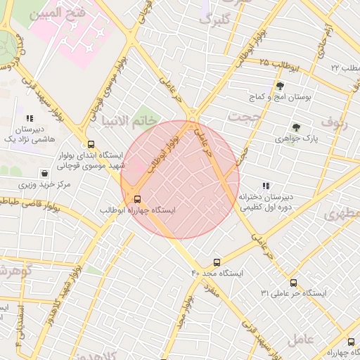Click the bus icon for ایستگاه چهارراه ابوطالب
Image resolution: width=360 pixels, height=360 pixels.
(x=137, y=198)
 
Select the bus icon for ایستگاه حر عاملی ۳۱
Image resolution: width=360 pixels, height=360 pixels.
(x=292, y=282)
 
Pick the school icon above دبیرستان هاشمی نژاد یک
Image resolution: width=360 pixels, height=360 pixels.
(x=29, y=119)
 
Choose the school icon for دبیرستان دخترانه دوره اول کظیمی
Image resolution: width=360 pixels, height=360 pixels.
(x=265, y=186)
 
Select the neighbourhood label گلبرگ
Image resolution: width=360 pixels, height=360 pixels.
(x=214, y=20)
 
